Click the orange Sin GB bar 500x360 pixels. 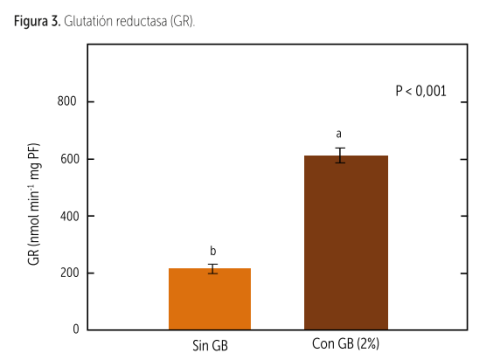pos(210,299)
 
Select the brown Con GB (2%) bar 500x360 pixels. pos(346,242)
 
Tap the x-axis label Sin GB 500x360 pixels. pos(210,346)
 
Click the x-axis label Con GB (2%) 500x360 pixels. pos(346,344)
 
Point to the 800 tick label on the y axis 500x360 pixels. pos(67,101)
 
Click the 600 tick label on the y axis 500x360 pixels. pos(70,159)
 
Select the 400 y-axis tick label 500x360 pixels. pos(70,216)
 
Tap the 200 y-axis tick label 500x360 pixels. pos(70,273)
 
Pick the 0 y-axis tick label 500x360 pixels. pos(76,329)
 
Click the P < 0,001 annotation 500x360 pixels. pos(421,91)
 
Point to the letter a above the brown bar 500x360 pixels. pos(339,134)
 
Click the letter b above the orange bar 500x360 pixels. pos(213,250)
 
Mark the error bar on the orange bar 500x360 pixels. pos(213,269)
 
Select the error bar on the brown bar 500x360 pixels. pos(340,155)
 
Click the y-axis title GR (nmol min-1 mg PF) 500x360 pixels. pos(34,204)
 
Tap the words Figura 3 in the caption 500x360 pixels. pos(37,21)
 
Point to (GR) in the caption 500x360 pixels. pos(182,22)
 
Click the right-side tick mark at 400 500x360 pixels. pos(464,216)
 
